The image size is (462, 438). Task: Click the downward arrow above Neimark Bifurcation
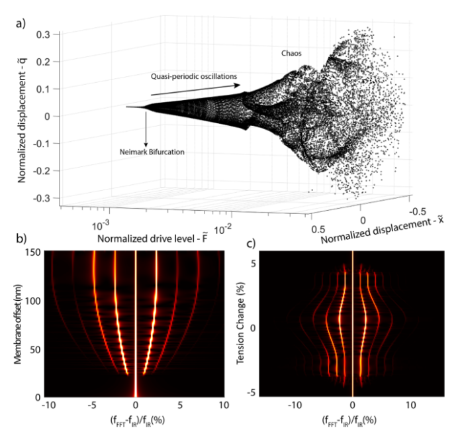145,126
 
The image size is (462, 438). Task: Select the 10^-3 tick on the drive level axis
103,225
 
